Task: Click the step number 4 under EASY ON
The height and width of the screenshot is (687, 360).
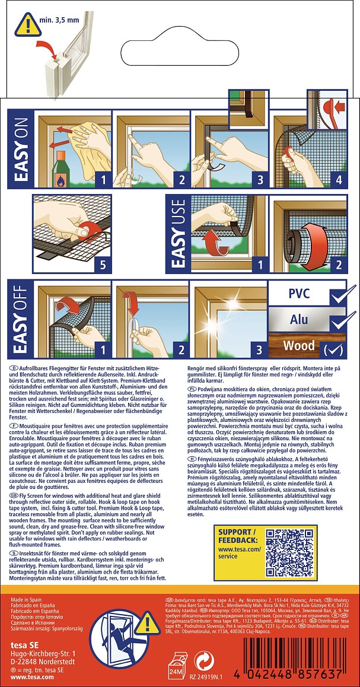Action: [x=339, y=177]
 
